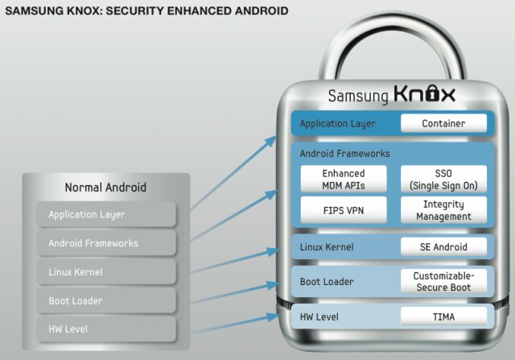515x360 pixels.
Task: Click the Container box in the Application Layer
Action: click(443, 123)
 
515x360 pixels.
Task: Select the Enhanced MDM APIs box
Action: click(344, 179)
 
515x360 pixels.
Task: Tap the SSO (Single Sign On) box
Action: click(443, 179)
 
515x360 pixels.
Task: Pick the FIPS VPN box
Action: click(344, 211)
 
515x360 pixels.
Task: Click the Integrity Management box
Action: click(443, 211)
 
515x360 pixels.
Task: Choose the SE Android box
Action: click(443, 246)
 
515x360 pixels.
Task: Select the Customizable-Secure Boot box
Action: click(443, 281)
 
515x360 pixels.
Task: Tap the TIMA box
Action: click(443, 317)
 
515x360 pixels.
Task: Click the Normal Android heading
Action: click(105, 188)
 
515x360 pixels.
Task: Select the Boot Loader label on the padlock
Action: click(326, 282)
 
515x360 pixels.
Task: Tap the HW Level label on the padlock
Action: click(319, 317)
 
